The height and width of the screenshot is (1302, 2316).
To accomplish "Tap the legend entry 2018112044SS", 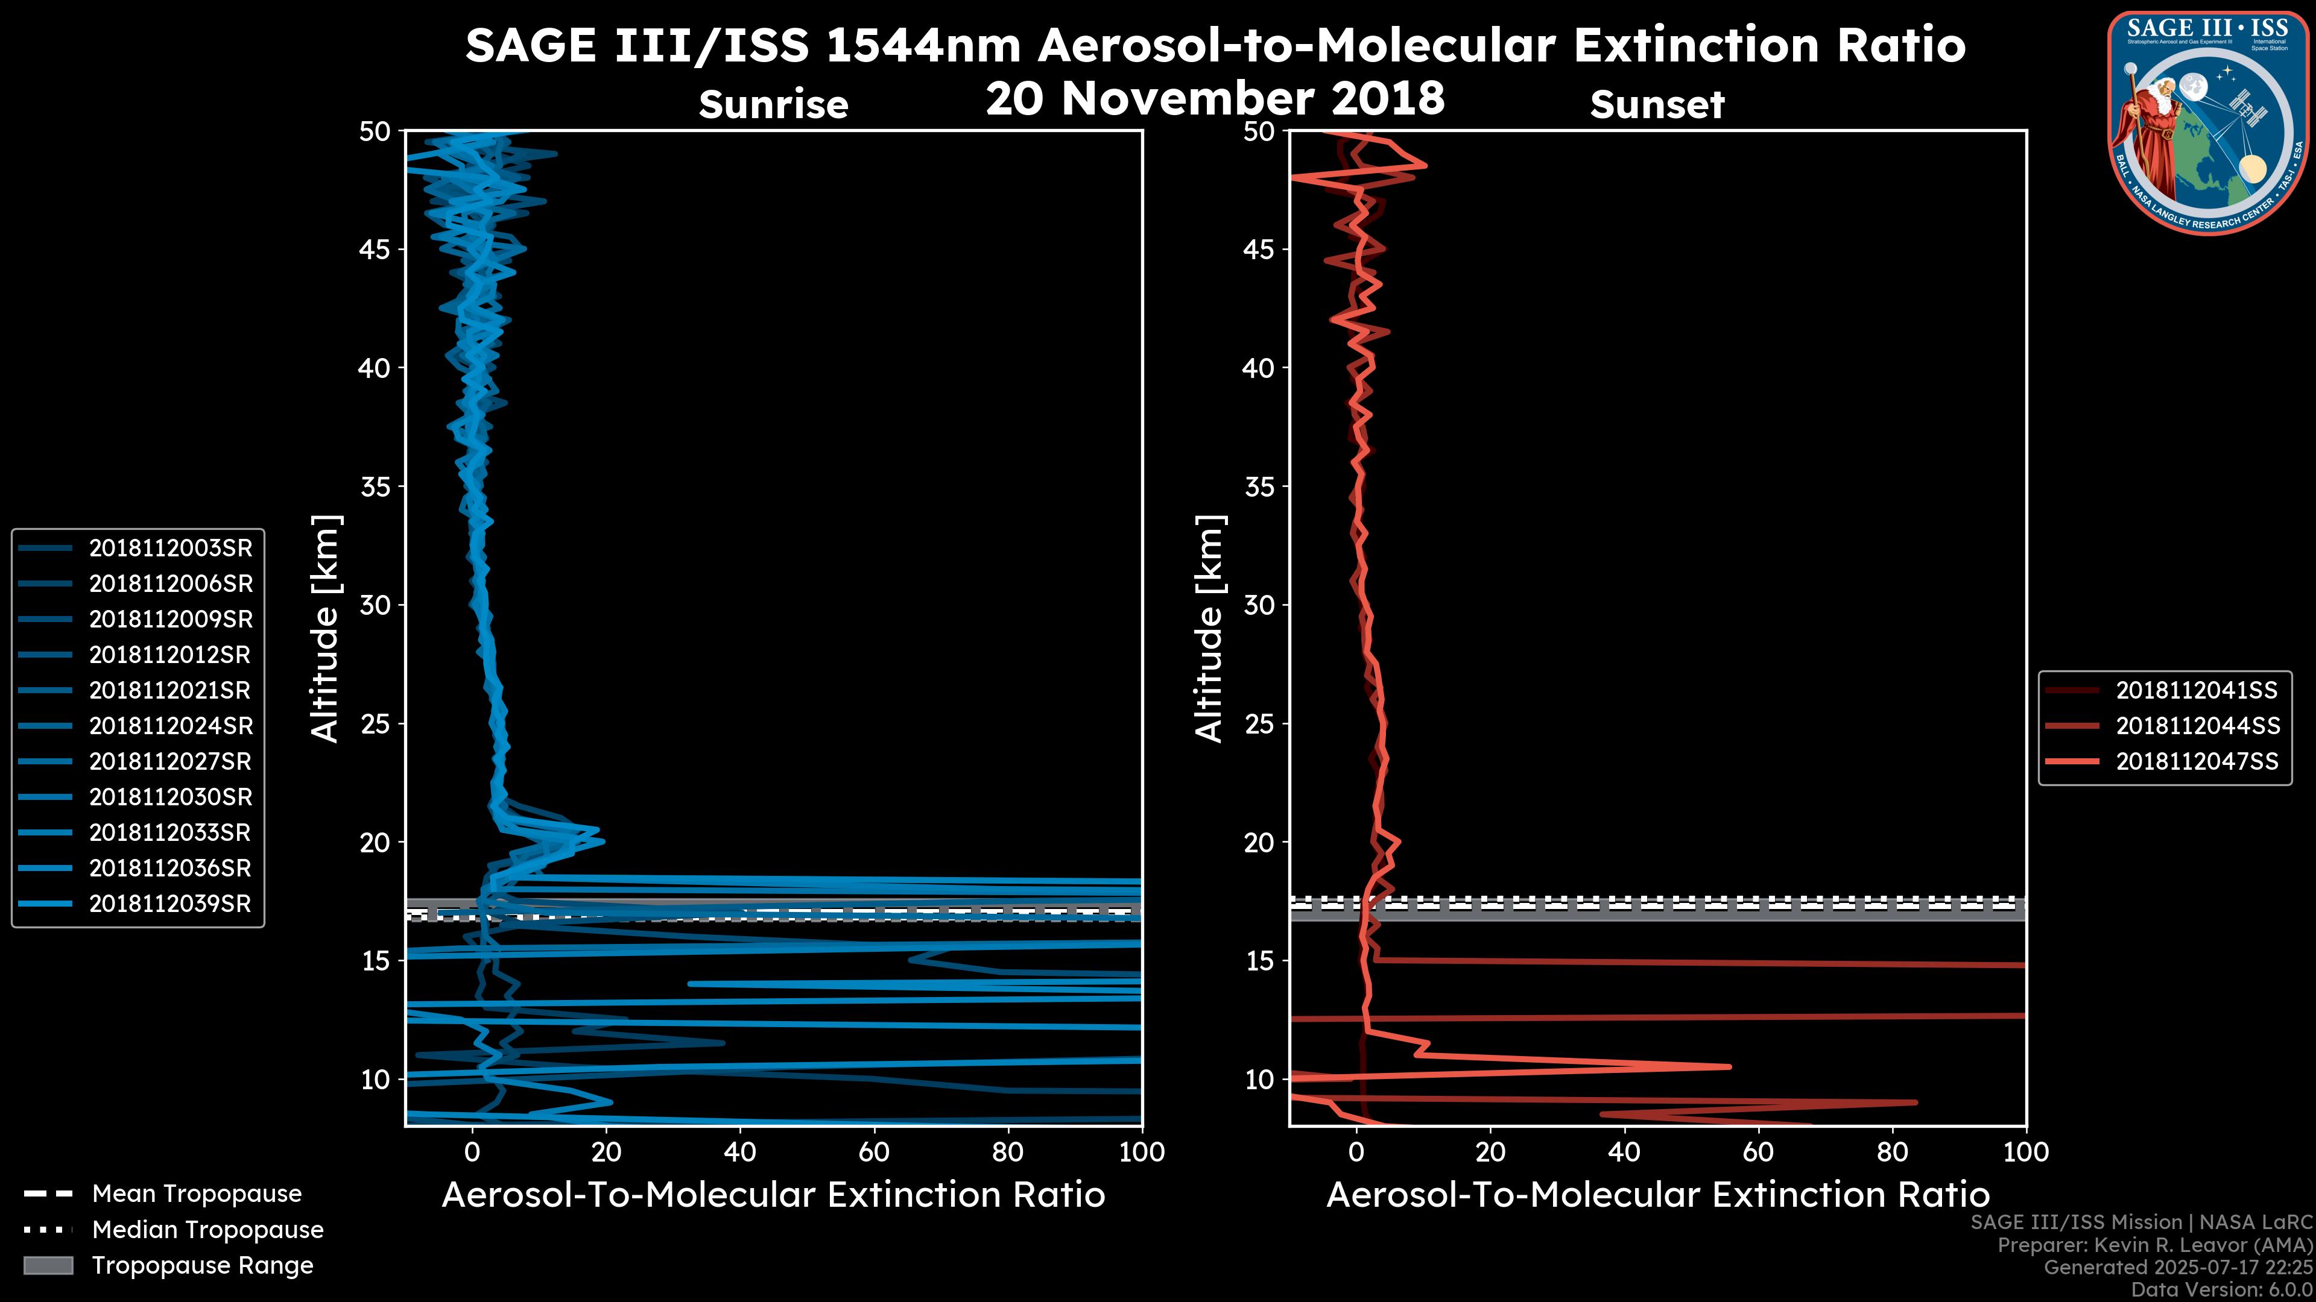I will (x=2197, y=726).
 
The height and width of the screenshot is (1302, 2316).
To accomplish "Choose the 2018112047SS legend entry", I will (x=2197, y=762).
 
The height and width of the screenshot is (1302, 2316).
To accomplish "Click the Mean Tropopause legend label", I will (x=197, y=1194).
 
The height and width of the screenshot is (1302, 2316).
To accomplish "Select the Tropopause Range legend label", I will (x=202, y=1266).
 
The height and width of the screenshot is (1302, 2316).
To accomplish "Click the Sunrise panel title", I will (x=773, y=105).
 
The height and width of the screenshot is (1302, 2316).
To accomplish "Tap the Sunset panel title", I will (x=1657, y=105).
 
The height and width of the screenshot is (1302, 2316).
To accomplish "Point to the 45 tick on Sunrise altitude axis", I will (x=376, y=250).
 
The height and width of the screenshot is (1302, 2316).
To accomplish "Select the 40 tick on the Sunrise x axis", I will (x=740, y=1152).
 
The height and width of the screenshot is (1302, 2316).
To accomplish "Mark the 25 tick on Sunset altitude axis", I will (x=1261, y=724).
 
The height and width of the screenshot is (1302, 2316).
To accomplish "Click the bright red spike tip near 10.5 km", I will (x=1728, y=1066).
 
